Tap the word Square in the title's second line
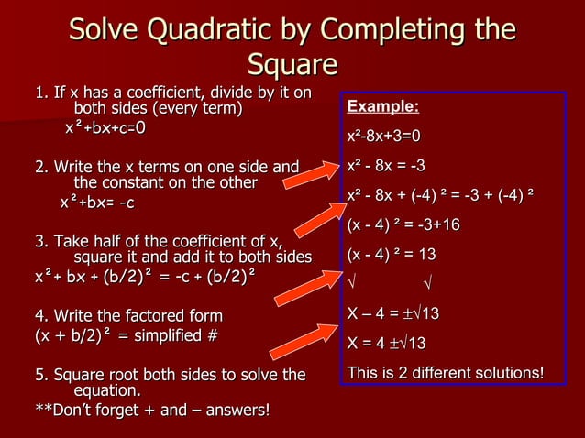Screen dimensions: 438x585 pos(292,66)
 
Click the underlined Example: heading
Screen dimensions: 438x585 pos(382,108)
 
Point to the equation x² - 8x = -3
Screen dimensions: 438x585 pos(386,166)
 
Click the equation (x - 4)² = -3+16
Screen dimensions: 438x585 pos(404,224)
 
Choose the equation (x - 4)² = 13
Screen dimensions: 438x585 pos(391,254)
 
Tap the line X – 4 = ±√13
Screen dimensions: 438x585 pos(393,315)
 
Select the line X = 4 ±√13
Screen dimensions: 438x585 pos(387,344)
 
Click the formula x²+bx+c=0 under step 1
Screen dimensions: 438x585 pos(105,128)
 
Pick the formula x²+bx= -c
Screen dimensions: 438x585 pos(97,202)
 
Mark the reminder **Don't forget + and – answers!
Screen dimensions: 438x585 pos(152,409)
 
